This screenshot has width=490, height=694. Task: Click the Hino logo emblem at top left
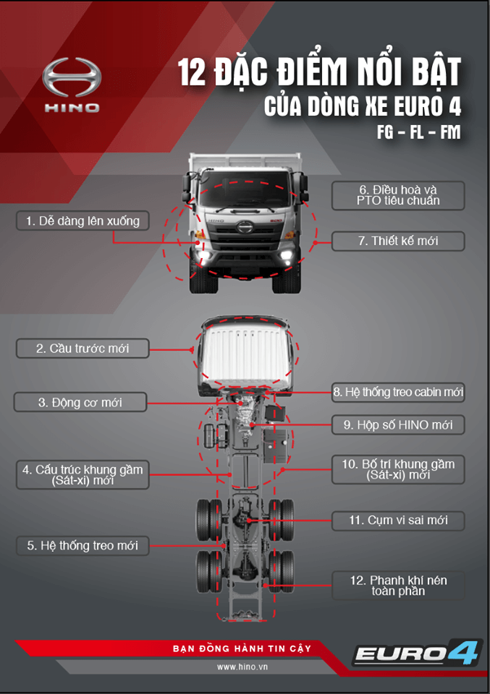pos(72,77)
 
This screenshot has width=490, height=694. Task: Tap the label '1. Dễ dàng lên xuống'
pos(83,221)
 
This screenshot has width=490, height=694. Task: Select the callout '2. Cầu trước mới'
pos(83,348)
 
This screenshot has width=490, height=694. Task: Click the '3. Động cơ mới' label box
pos(80,403)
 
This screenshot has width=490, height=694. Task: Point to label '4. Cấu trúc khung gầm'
pos(83,474)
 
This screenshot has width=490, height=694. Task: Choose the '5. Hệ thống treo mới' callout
pos(83,545)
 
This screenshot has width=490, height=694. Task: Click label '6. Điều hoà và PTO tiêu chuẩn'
pos(398,195)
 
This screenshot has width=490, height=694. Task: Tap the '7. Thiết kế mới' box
pos(398,241)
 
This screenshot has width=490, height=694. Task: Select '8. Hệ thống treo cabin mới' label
pos(398,392)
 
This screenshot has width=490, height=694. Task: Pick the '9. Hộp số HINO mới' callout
pos(398,425)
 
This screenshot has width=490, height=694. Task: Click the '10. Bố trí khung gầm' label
pos(398,469)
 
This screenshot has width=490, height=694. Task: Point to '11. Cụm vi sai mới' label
pos(398,520)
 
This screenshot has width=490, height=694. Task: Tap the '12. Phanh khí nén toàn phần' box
pos(398,586)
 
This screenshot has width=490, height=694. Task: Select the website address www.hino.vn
pos(242,667)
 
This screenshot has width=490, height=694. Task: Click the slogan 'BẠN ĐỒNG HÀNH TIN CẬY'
pos(242,649)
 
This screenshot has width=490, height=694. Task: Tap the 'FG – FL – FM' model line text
pos(418,132)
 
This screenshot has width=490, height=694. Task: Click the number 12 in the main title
pos(192,72)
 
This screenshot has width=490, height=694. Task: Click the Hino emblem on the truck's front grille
pos(245,228)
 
